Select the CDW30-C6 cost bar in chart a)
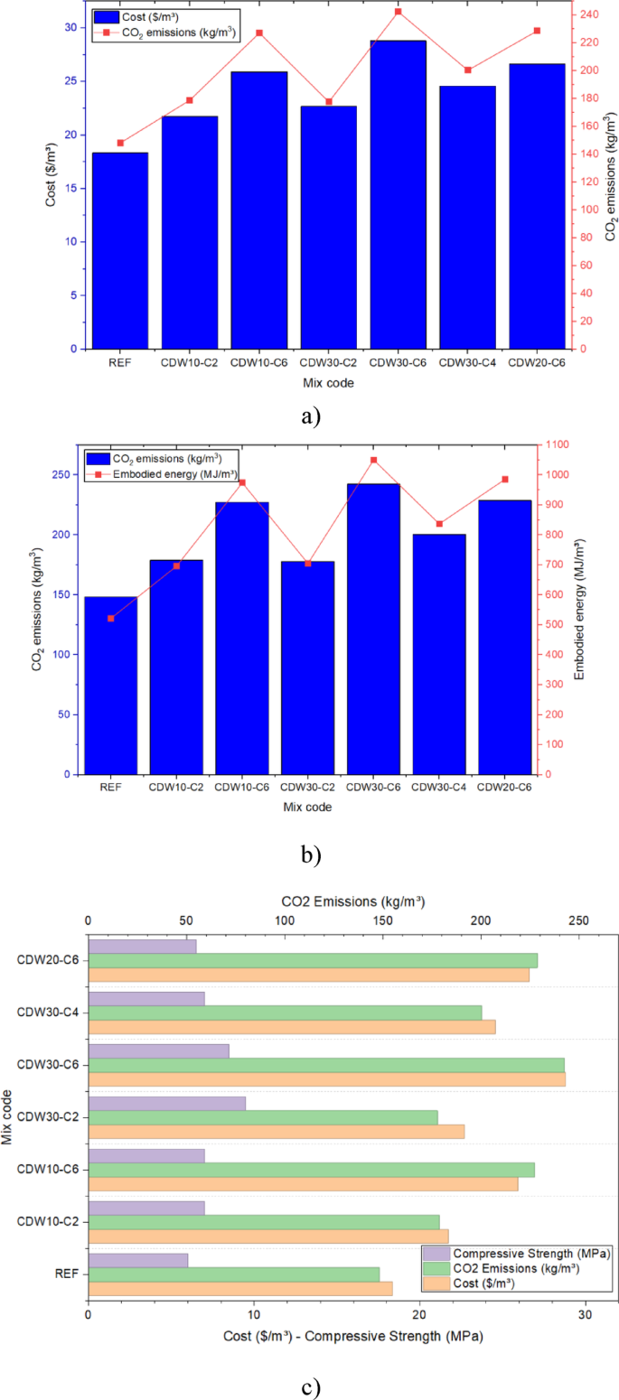click(x=398, y=194)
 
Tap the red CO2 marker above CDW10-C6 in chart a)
click(x=259, y=33)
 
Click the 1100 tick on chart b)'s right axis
click(x=558, y=445)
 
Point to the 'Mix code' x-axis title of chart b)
click(x=307, y=807)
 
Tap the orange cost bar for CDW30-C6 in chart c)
click(x=327, y=1078)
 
